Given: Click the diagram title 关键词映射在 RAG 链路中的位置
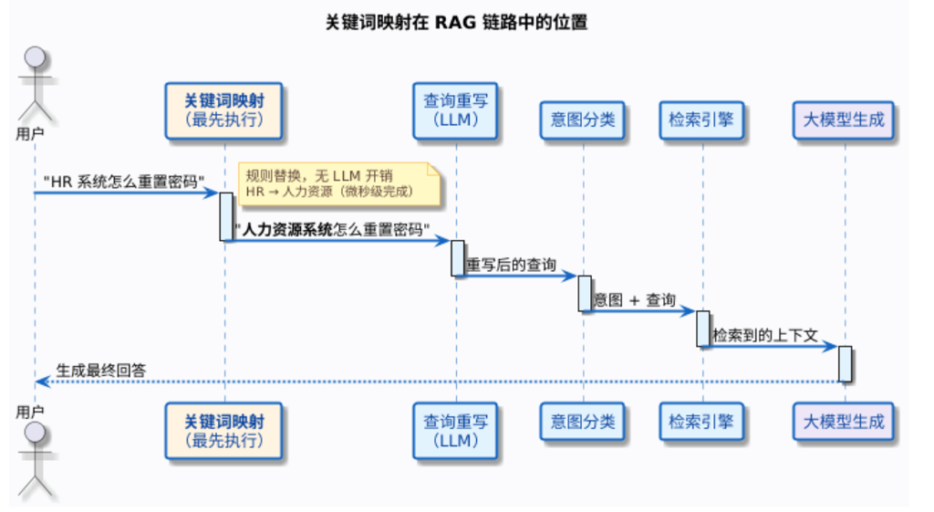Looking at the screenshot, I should point(457,23).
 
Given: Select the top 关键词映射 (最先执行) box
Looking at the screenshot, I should point(224,110).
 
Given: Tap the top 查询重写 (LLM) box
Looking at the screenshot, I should point(456,110).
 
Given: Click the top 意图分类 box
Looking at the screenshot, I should point(582,120).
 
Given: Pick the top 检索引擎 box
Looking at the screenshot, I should point(701,120).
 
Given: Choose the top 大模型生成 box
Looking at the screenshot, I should point(844,120).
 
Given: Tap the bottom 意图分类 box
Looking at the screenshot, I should point(582,421).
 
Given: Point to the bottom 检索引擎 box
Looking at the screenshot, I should point(701,421).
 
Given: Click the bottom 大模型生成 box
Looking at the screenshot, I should point(844,421).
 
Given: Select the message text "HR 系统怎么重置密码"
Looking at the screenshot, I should point(124,181).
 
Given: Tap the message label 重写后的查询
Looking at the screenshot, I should point(511,265).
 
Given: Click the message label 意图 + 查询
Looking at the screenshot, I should point(635,300).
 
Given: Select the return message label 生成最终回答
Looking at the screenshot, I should point(101,370).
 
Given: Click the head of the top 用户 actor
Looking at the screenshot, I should point(34,57).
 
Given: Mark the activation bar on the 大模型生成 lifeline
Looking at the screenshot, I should point(845,363).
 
